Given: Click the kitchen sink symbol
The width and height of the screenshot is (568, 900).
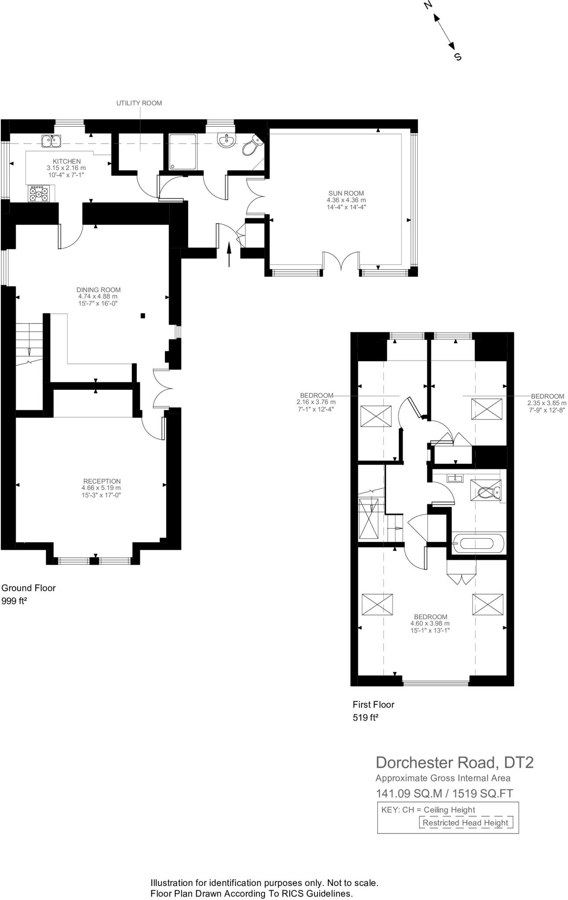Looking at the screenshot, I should (x=51, y=141).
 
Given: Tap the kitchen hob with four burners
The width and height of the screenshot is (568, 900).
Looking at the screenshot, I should (x=39, y=193).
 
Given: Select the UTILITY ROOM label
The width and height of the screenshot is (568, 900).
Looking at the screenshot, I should (x=139, y=103).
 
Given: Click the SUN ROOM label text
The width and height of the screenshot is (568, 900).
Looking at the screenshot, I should (x=346, y=193).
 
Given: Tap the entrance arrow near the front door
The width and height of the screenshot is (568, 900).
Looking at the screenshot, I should (x=229, y=254).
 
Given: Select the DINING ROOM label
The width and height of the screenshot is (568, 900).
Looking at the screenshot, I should (x=98, y=290).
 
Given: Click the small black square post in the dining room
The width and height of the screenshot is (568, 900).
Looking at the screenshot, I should (x=142, y=316).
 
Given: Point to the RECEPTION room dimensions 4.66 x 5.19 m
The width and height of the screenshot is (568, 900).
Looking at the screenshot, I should (x=101, y=488).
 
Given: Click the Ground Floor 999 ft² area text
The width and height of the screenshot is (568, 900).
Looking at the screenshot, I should (x=29, y=594).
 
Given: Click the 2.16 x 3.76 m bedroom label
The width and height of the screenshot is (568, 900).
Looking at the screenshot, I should (x=316, y=402).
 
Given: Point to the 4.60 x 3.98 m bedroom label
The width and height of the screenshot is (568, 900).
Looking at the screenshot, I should (x=430, y=623).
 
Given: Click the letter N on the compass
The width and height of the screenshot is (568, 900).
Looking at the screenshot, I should (x=428, y=5).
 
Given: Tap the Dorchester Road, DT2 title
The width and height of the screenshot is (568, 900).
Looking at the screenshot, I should (x=455, y=762).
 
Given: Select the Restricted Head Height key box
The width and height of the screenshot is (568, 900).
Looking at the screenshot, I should (x=465, y=823).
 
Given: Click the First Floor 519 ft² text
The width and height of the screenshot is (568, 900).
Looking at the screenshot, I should (x=373, y=711).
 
